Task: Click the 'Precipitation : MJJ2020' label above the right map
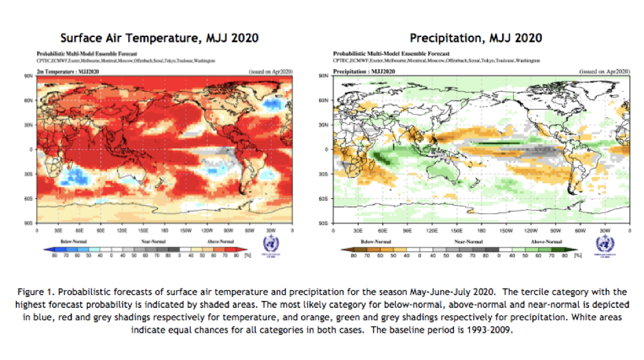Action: tap(363, 71)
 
